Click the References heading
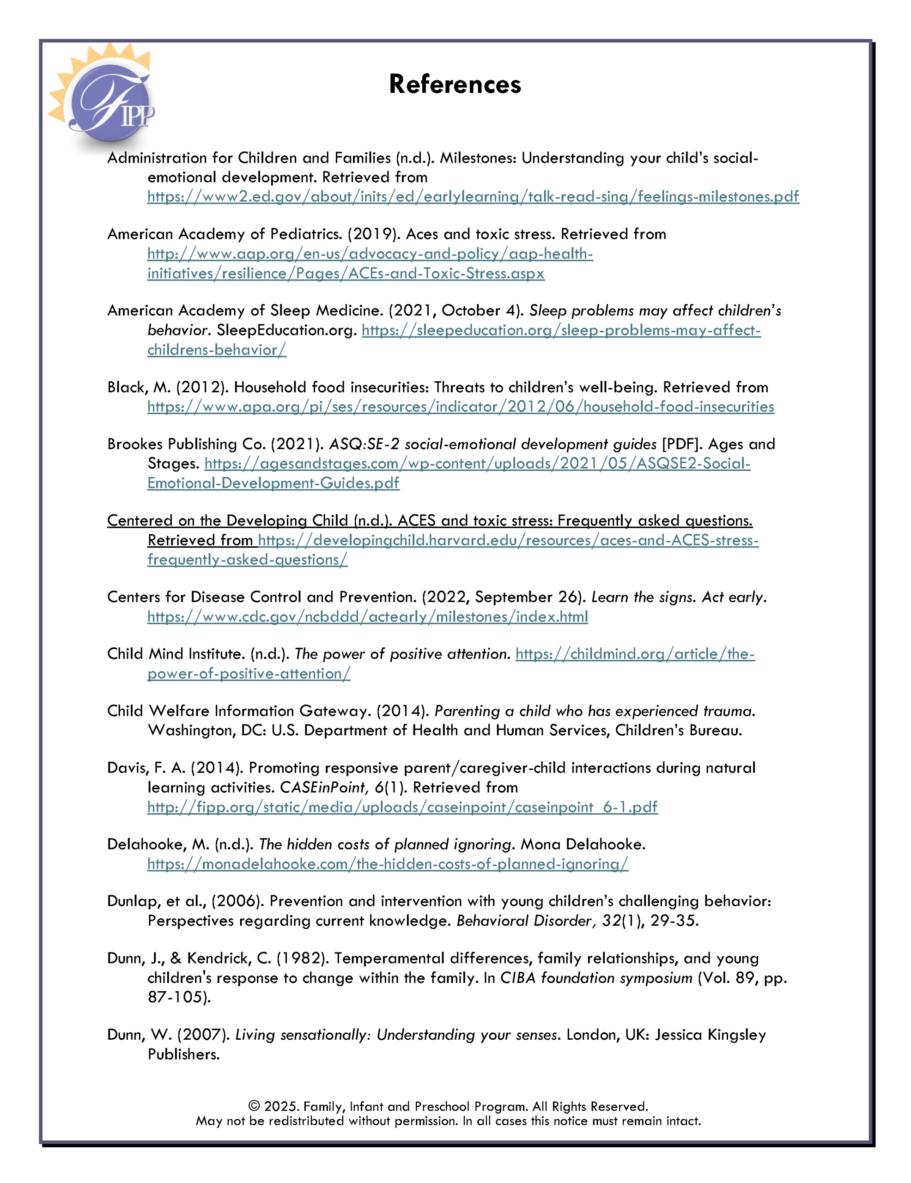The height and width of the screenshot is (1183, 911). tap(455, 85)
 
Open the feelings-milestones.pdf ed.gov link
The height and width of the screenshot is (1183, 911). tap(473, 196)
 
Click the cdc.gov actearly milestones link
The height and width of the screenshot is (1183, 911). tap(367, 616)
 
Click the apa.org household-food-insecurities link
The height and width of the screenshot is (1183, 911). tap(461, 406)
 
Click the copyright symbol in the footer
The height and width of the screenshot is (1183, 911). tap(254, 1106)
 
